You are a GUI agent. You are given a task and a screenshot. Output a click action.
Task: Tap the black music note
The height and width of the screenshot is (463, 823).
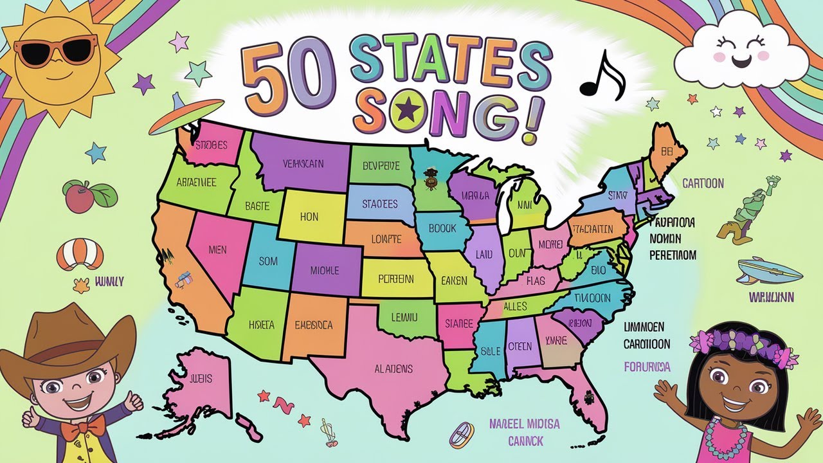(602, 76)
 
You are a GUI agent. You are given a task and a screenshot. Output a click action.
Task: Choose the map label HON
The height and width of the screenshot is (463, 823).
(309, 217)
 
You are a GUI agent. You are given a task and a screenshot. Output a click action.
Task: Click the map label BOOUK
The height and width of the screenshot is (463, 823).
(442, 228)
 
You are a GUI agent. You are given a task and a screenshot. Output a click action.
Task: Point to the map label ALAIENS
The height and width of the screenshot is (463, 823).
(393, 368)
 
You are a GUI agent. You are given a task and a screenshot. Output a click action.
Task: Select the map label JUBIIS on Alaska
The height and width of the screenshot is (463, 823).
(201, 379)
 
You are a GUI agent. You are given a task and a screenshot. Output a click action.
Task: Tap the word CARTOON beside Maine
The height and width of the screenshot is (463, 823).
(703, 183)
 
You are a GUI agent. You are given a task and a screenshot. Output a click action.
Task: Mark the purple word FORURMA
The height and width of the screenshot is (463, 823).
(647, 367)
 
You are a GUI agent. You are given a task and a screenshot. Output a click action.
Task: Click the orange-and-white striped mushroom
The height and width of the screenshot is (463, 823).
(80, 254)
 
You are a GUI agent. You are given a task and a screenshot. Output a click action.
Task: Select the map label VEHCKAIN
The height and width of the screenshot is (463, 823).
(303, 163)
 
